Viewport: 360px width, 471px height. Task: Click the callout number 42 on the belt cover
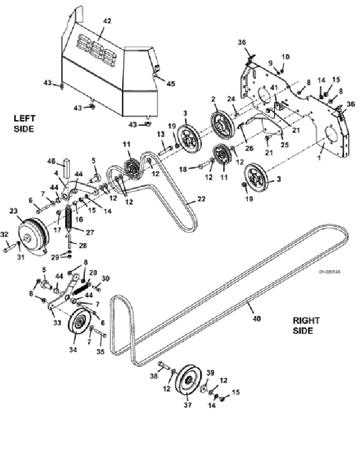(x=107, y=21)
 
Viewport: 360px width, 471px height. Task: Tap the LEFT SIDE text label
(x=24, y=123)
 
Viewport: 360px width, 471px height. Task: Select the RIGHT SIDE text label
(x=306, y=326)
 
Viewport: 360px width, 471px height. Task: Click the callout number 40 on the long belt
(x=256, y=318)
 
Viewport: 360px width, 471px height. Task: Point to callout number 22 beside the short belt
(x=201, y=199)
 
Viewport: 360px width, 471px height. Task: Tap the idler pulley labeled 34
(x=80, y=325)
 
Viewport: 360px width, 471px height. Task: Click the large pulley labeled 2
(x=222, y=124)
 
